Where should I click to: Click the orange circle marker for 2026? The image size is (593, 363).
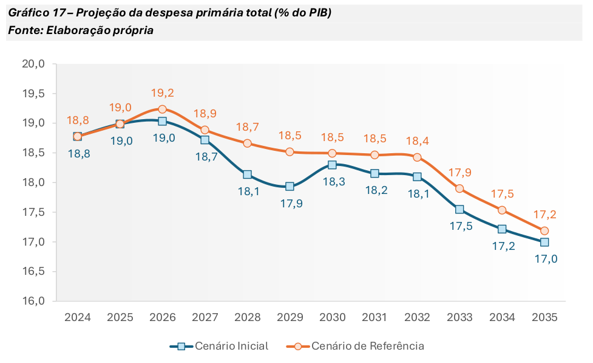pyautogui.click(x=162, y=109)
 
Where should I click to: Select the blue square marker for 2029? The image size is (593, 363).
pyautogui.click(x=290, y=187)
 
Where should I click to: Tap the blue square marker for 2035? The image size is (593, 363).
pyautogui.click(x=544, y=242)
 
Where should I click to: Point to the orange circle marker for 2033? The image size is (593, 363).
pyautogui.click(x=459, y=188)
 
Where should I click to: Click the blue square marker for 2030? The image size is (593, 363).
pyautogui.click(x=332, y=165)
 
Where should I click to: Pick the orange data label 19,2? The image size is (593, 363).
pyautogui.click(x=163, y=93)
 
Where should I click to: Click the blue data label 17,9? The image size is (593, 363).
pyautogui.click(x=290, y=204)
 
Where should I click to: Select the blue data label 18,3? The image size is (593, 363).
pyautogui.click(x=333, y=182)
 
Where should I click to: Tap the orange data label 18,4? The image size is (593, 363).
pyautogui.click(x=418, y=141)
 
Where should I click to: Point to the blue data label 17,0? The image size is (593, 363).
pyautogui.click(x=545, y=259)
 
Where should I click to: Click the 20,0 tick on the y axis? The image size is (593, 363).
pyautogui.click(x=34, y=64)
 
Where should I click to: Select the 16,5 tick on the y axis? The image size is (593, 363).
pyautogui.click(x=34, y=271)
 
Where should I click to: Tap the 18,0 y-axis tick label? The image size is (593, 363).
pyautogui.click(x=34, y=182)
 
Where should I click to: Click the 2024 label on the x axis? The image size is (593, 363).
pyautogui.click(x=78, y=317)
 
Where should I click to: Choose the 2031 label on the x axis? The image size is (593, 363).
pyautogui.click(x=374, y=317)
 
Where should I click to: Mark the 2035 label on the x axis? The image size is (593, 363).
pyautogui.click(x=544, y=317)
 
